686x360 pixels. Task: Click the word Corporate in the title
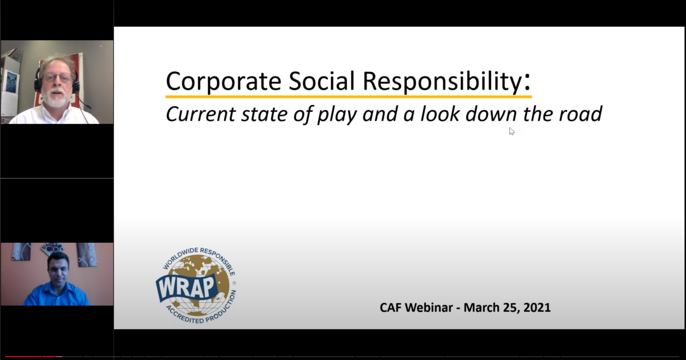click(x=223, y=82)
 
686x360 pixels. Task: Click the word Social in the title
click(x=321, y=82)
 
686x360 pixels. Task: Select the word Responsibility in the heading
click(x=442, y=82)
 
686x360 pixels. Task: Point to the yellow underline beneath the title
click(x=348, y=97)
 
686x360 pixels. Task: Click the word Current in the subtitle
click(x=201, y=114)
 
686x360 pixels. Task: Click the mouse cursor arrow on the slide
click(x=511, y=131)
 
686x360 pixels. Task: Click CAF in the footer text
click(x=390, y=308)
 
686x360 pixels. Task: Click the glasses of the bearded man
click(x=57, y=77)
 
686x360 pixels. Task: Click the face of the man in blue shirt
click(x=58, y=271)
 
